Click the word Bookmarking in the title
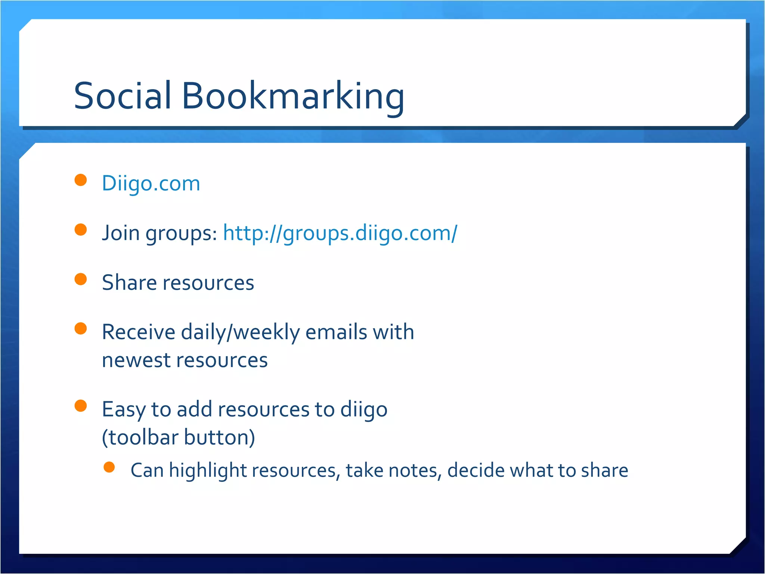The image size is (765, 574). pyautogui.click(x=293, y=96)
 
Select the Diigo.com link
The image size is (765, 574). pyautogui.click(x=151, y=183)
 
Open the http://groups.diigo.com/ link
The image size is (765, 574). pyautogui.click(x=340, y=233)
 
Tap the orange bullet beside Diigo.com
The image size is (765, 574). pyautogui.click(x=81, y=180)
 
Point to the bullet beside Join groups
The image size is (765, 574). pyautogui.click(x=81, y=229)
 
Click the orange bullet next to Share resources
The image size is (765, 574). pyautogui.click(x=81, y=279)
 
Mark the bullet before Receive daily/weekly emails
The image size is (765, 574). pyautogui.click(x=81, y=328)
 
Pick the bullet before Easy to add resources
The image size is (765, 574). pyautogui.click(x=81, y=406)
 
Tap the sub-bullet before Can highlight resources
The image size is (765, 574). pyautogui.click(x=109, y=467)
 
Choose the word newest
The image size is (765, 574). pyautogui.click(x=136, y=360)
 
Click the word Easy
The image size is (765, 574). pyautogui.click(x=124, y=410)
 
